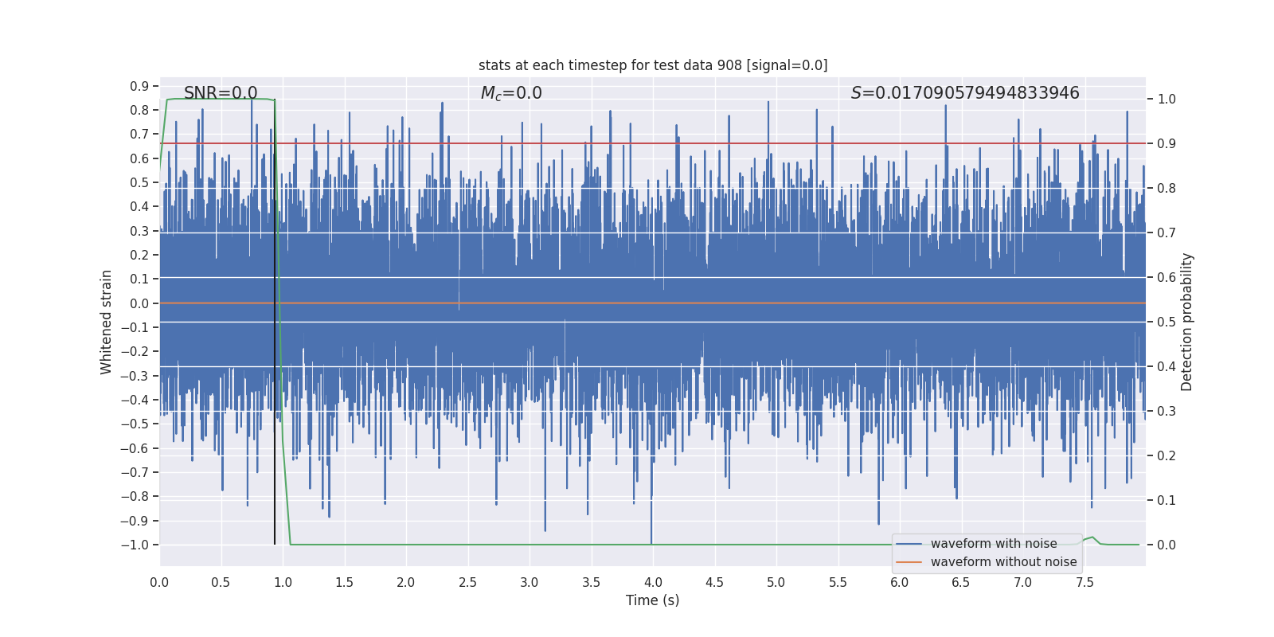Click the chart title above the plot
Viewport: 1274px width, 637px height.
[653, 65]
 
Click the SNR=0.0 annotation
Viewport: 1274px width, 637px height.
[221, 93]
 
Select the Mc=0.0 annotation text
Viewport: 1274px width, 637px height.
[511, 93]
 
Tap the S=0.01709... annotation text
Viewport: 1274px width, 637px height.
[965, 93]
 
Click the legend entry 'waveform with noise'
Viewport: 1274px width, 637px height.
[993, 544]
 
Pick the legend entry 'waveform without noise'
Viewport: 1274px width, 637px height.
[1003, 562]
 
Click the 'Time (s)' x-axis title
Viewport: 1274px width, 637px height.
[652, 600]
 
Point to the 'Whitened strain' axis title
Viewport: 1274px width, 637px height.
[107, 322]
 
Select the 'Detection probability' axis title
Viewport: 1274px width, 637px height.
[1187, 322]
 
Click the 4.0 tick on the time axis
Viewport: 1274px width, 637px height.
[653, 582]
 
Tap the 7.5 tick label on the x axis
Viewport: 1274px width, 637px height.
[1084, 582]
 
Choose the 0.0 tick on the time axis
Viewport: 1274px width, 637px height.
[159, 582]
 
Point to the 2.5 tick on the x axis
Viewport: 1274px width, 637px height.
[467, 582]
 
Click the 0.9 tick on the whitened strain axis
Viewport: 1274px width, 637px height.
[139, 86]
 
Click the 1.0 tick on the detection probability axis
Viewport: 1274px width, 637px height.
[1167, 100]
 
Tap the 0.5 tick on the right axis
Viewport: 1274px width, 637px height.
[1167, 322]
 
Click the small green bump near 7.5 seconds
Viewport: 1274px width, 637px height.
[1092, 538]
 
